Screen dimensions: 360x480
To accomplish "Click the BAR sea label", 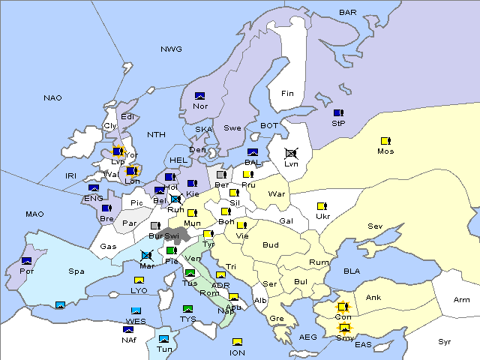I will click(x=347, y=12).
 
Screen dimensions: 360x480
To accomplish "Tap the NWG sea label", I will click(x=171, y=49).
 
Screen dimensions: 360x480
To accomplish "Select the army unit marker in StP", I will click(x=338, y=112).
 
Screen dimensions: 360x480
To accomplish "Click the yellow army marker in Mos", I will click(x=385, y=140).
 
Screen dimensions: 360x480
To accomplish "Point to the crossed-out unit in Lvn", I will click(x=291, y=152).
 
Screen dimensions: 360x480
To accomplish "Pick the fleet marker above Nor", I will click(x=199, y=95).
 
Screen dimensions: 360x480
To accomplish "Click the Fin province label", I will click(x=287, y=93).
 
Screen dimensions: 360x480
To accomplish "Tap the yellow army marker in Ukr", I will click(x=322, y=206).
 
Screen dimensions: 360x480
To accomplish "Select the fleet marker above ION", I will click(x=237, y=342).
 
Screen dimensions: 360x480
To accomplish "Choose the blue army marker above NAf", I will click(x=128, y=329).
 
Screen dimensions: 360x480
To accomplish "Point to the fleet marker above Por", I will click(x=27, y=261).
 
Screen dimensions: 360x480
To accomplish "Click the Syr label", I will click(x=445, y=341).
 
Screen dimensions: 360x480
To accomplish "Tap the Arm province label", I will click(x=462, y=299).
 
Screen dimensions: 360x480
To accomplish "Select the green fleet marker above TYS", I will click(x=187, y=309).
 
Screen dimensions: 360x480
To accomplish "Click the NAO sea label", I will click(x=52, y=97).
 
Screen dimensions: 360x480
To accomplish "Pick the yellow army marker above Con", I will click(x=343, y=307).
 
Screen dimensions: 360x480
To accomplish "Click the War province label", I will click(x=277, y=194).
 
